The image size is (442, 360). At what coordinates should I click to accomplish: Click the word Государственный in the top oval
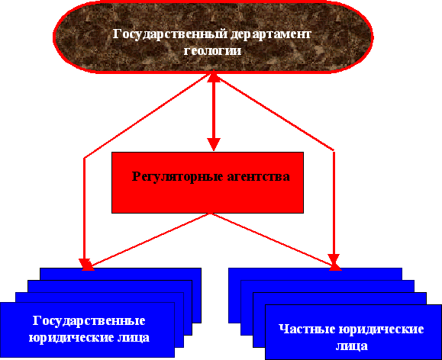point(170,34)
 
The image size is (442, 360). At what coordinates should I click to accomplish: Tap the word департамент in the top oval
point(270,35)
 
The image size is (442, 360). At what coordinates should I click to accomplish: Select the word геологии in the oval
point(212,51)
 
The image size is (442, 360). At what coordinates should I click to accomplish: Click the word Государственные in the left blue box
point(89,321)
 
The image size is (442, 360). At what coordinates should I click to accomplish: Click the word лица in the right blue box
point(351,346)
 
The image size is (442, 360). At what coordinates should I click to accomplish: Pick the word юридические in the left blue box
point(73,338)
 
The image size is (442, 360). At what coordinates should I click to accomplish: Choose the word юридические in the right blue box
point(381,329)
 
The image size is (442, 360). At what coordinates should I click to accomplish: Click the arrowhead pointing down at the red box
point(214,144)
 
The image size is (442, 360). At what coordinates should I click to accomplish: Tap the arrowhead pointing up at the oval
point(214,76)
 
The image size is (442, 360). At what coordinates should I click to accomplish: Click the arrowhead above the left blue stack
point(85,265)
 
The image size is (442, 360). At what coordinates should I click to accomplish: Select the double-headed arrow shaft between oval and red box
point(214,111)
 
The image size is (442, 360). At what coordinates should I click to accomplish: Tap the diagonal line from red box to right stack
point(272,239)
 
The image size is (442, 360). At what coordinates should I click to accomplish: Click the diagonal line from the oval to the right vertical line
point(276,113)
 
